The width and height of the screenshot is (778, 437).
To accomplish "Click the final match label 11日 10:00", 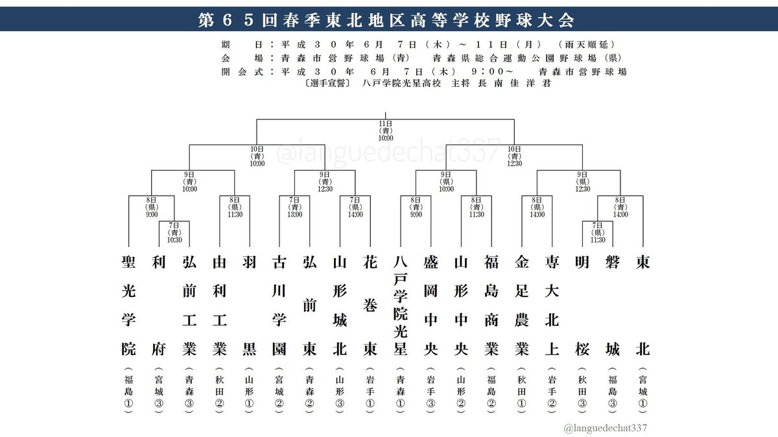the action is tap(386, 130).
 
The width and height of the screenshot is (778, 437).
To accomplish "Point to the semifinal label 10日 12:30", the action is tap(514, 156).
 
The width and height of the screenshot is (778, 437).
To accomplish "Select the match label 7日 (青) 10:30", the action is tap(174, 231).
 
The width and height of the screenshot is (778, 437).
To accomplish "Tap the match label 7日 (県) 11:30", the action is tap(597, 231).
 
